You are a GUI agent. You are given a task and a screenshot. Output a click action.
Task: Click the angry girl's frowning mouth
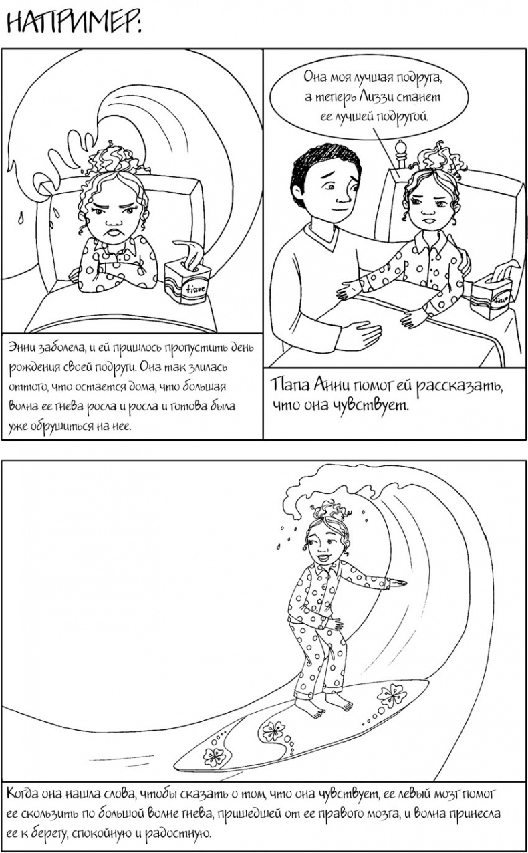114,231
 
